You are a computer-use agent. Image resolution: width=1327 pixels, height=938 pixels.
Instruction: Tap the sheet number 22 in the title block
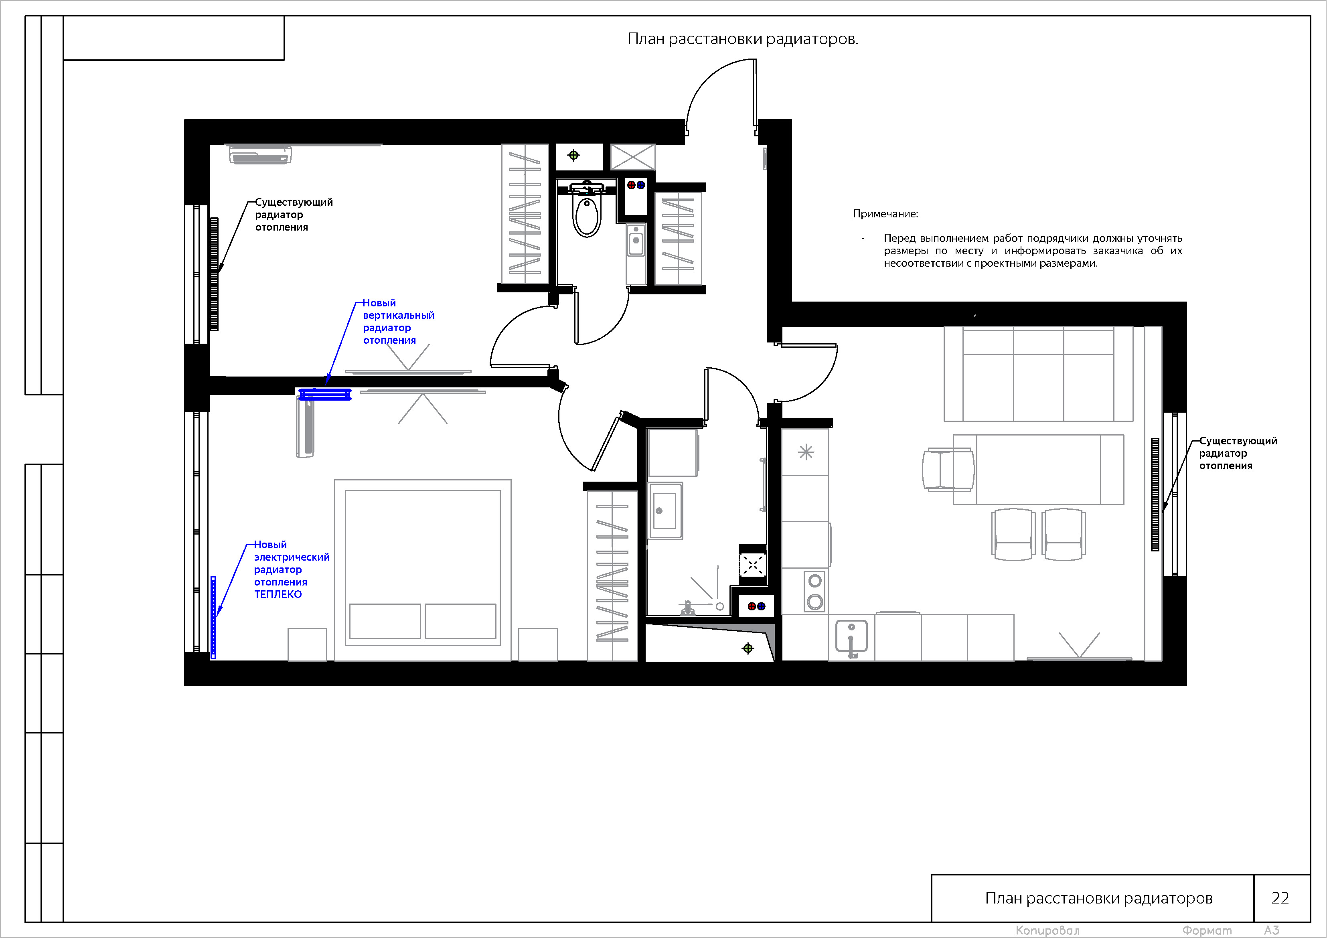click(x=1280, y=897)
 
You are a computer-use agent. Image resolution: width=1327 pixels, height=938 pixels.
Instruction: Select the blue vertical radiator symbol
click(x=325, y=395)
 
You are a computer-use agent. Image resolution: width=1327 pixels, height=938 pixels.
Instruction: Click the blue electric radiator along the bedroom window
click(x=213, y=617)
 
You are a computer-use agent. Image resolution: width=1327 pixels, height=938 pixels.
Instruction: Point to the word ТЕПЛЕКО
click(x=278, y=594)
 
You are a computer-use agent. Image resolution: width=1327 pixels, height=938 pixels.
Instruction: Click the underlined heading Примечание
click(x=885, y=214)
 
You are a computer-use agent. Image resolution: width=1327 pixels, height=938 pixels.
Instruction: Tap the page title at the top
click(x=743, y=39)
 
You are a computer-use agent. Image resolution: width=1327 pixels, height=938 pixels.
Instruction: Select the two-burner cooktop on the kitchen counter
click(x=815, y=591)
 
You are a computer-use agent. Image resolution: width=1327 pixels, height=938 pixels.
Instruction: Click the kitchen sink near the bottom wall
click(x=851, y=638)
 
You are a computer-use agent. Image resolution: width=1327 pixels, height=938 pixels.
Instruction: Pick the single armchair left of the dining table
click(x=948, y=469)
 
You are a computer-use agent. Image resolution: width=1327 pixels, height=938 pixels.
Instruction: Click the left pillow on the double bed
click(x=385, y=621)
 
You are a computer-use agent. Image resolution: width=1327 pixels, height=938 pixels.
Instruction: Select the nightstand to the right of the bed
click(x=538, y=644)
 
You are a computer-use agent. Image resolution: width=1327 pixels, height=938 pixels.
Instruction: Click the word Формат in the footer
click(x=1207, y=930)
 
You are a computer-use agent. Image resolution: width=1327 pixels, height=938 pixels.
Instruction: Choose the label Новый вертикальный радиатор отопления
click(x=398, y=321)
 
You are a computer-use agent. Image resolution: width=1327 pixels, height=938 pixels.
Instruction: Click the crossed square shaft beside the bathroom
click(x=633, y=157)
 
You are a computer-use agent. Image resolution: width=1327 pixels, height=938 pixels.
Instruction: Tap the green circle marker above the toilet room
click(x=573, y=155)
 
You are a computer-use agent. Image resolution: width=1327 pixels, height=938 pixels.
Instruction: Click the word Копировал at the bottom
click(x=1047, y=930)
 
